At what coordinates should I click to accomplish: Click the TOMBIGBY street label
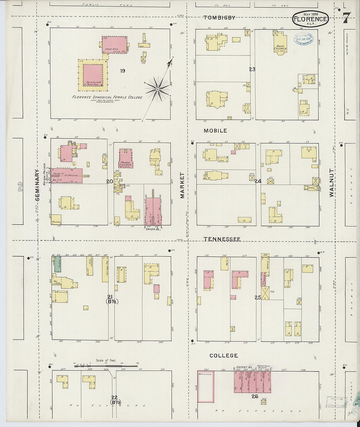coord(219,18)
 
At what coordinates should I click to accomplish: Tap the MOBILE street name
coord(215,131)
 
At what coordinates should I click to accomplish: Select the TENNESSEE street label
coord(222,239)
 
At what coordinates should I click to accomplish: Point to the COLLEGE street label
coord(224,355)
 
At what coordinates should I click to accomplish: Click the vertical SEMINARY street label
coord(37,185)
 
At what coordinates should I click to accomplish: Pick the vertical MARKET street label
coord(182,185)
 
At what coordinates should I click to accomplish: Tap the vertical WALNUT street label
coord(332,183)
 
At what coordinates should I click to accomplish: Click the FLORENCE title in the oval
coord(310,19)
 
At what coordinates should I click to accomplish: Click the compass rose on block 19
coord(158,88)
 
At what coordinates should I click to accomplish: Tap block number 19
coord(122,71)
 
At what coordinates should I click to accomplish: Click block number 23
coord(252,69)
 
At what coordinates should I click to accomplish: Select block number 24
coord(258,181)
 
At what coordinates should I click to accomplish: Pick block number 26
coord(255,396)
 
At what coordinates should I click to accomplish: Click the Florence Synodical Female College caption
coord(107,97)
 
